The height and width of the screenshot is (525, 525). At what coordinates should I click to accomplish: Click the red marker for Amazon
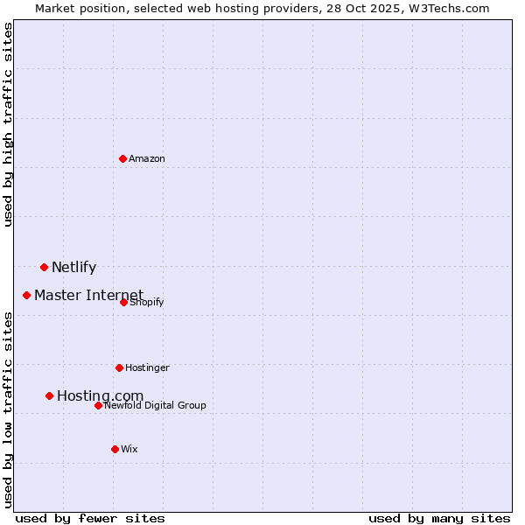click(x=123, y=158)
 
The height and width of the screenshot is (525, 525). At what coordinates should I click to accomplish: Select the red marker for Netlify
click(x=44, y=267)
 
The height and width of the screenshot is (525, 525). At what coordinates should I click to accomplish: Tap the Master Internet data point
click(x=27, y=295)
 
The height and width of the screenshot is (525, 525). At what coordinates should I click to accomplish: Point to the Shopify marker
click(x=124, y=302)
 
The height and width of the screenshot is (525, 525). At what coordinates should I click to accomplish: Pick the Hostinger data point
click(x=119, y=367)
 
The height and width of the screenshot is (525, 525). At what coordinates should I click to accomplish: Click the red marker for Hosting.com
click(x=49, y=395)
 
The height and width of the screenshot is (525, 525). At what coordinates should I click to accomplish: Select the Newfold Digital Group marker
click(x=98, y=405)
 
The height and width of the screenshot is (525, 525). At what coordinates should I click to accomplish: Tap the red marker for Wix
click(x=115, y=449)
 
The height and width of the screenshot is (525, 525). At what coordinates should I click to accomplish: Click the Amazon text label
click(x=147, y=158)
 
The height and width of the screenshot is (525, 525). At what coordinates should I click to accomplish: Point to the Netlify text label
click(x=73, y=268)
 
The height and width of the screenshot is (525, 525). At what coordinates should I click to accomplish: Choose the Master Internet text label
click(x=88, y=295)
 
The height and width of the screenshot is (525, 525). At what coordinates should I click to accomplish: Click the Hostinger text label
click(x=147, y=367)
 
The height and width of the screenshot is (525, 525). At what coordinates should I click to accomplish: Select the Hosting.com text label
click(x=100, y=396)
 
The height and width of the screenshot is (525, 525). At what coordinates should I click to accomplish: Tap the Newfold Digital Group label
click(x=155, y=405)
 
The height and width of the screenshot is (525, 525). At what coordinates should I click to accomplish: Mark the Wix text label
click(x=129, y=449)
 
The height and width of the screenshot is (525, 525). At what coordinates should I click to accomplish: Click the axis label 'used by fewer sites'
click(x=90, y=518)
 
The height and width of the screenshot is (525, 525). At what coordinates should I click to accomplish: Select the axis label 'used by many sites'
click(x=439, y=518)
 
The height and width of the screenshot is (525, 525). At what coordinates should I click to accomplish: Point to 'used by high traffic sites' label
click(x=9, y=124)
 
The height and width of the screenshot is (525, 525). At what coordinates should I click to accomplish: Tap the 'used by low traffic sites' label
click(x=9, y=409)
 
